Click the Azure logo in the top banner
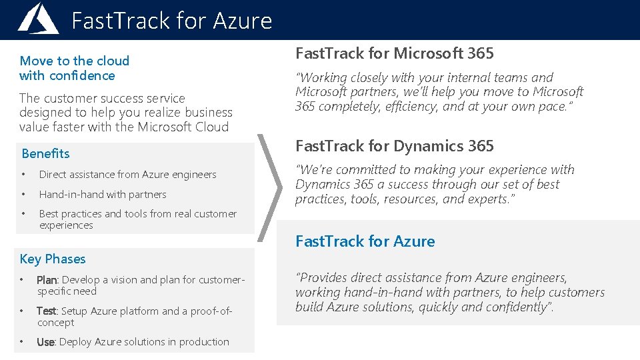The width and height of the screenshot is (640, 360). coord(38,19)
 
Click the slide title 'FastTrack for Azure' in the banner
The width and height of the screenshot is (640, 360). coord(171,21)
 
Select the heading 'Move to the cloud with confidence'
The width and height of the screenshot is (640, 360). coord(74,68)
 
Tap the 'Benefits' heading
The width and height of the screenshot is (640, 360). coord(45,153)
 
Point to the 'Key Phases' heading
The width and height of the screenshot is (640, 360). coord(53,259)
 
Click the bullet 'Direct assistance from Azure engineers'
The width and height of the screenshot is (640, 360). coord(127,175)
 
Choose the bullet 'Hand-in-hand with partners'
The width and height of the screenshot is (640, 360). coord(103,195)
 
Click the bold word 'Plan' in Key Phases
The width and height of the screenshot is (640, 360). coord(47,280)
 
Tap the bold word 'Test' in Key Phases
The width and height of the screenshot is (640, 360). coord(46,311)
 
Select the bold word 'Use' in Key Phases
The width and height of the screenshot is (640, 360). coord(45,342)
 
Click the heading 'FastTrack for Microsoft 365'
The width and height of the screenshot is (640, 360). coord(394,53)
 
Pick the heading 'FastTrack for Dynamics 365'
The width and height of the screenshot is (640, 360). coord(394,146)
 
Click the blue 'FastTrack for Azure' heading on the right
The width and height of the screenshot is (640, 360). coord(365,241)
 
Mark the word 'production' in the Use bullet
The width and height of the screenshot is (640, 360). coord(205,342)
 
